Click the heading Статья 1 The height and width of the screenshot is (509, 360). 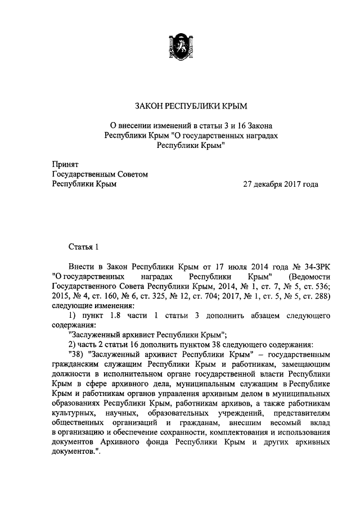click(x=84, y=246)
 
